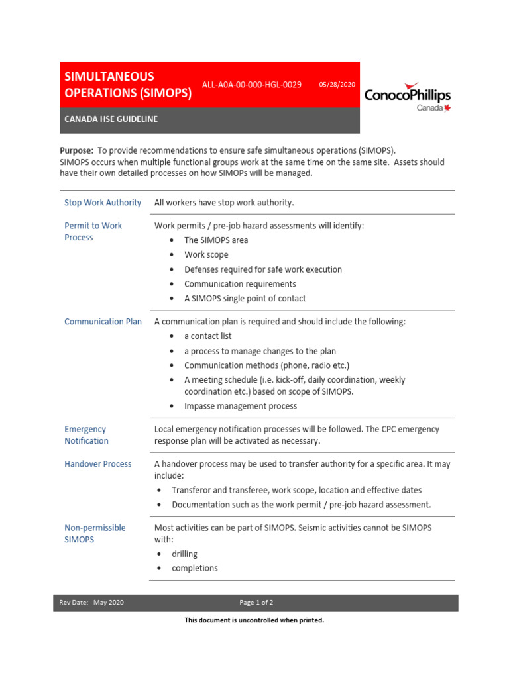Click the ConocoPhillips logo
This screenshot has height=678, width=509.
click(x=407, y=97)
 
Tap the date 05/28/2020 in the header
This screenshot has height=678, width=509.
click(x=337, y=85)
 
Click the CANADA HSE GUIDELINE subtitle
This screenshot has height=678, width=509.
click(x=111, y=120)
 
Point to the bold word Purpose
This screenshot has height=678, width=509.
click(x=76, y=150)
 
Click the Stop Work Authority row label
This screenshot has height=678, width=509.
click(x=103, y=203)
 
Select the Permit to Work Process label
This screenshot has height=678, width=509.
click(x=93, y=232)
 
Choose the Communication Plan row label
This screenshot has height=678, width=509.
click(x=103, y=322)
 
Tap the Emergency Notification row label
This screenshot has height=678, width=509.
click(x=86, y=435)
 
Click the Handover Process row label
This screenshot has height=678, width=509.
click(x=98, y=464)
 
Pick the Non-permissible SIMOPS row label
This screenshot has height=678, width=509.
click(x=95, y=534)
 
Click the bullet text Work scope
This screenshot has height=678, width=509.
click(x=206, y=255)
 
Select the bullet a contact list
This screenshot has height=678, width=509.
click(x=207, y=336)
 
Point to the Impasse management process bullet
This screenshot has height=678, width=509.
click(x=241, y=406)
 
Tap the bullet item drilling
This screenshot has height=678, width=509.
click(x=184, y=554)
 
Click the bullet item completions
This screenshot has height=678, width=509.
click(x=194, y=568)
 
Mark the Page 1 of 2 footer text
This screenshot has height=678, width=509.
click(x=256, y=603)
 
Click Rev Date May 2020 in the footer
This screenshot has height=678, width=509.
click(x=91, y=603)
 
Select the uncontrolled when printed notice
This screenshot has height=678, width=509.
click(x=254, y=620)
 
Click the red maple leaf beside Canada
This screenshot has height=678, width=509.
click(x=447, y=108)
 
